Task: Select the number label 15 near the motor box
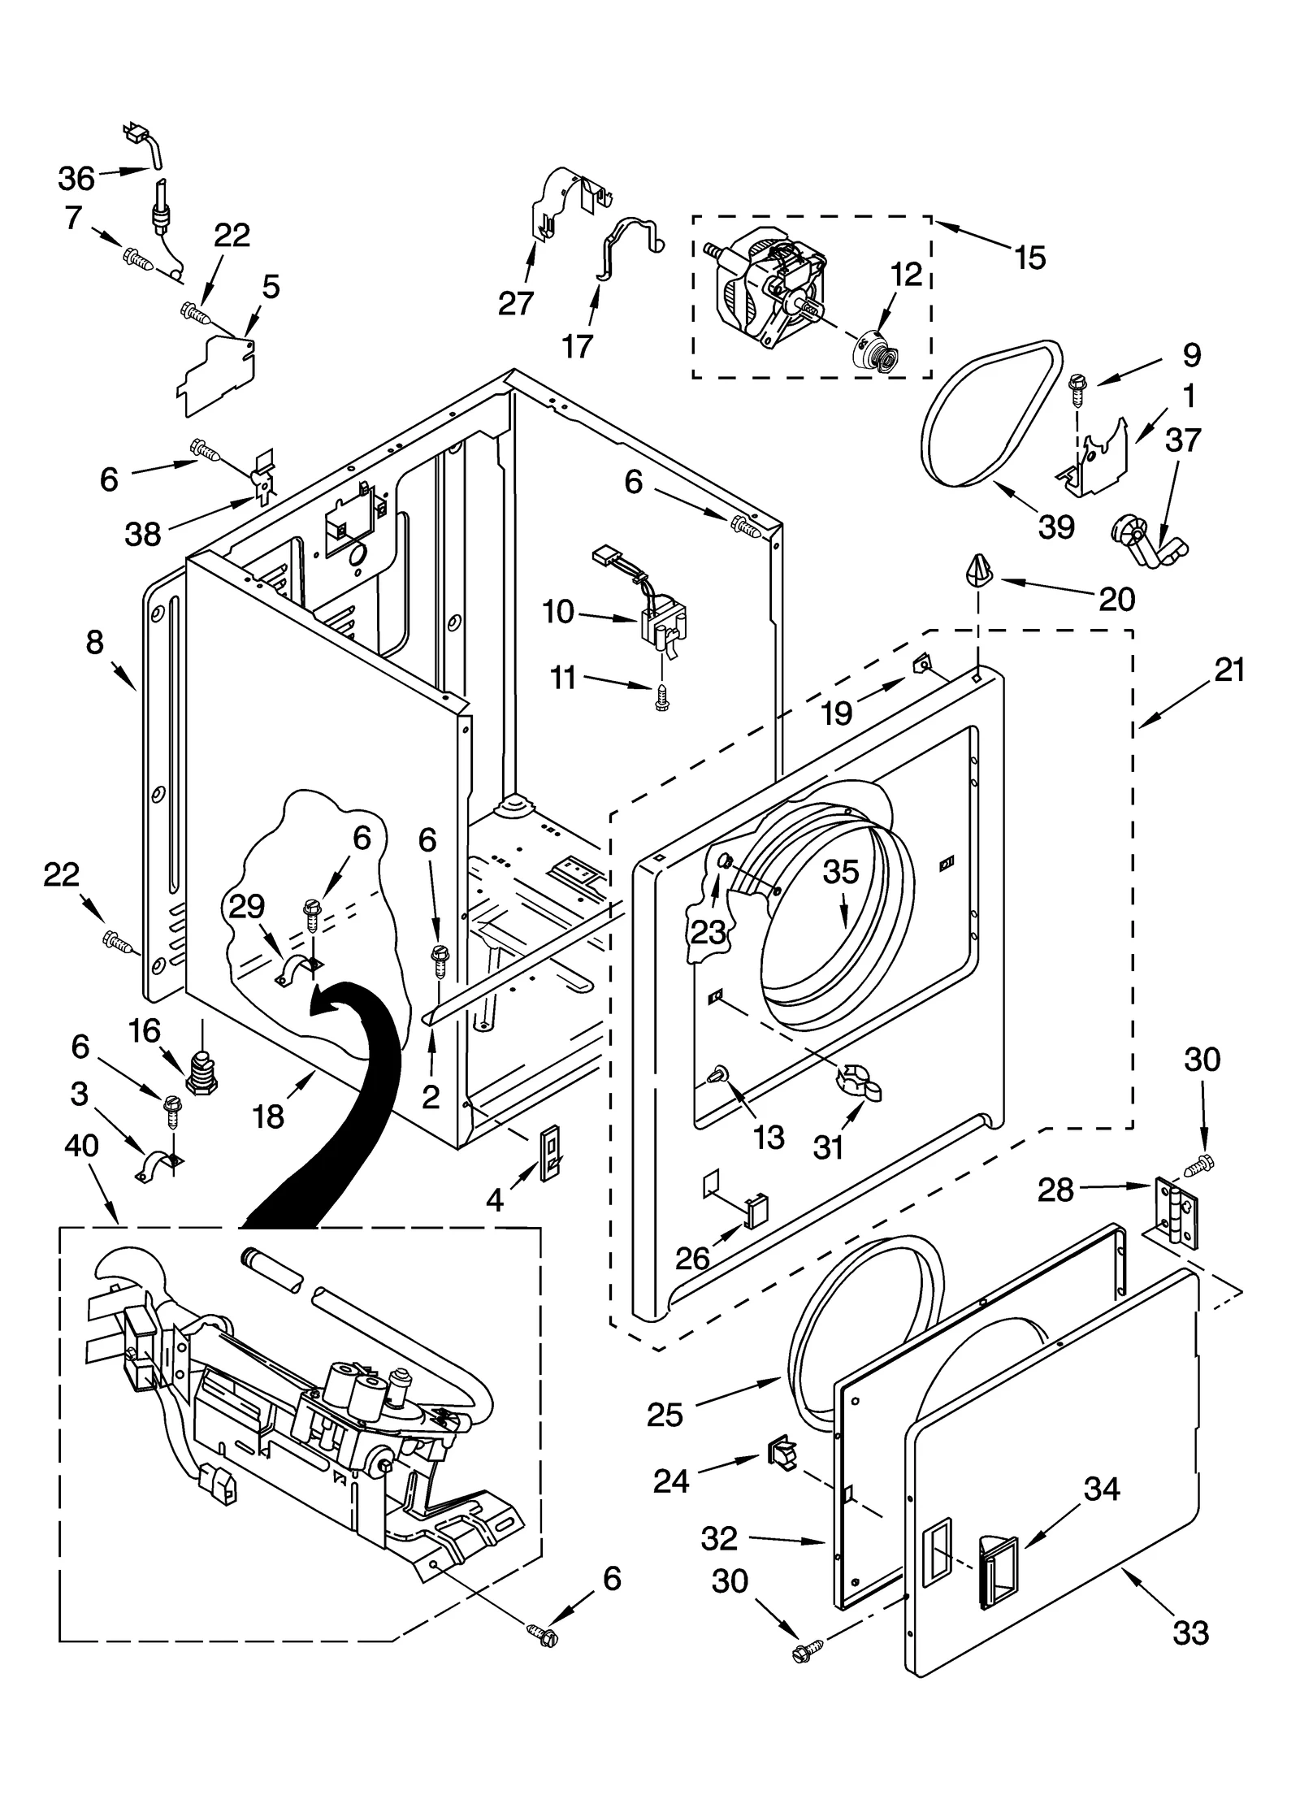click(x=1029, y=258)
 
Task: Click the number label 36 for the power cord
click(x=76, y=178)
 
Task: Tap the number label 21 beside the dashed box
click(x=1229, y=670)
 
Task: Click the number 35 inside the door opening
click(x=840, y=871)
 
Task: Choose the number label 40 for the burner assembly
click(x=81, y=1146)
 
